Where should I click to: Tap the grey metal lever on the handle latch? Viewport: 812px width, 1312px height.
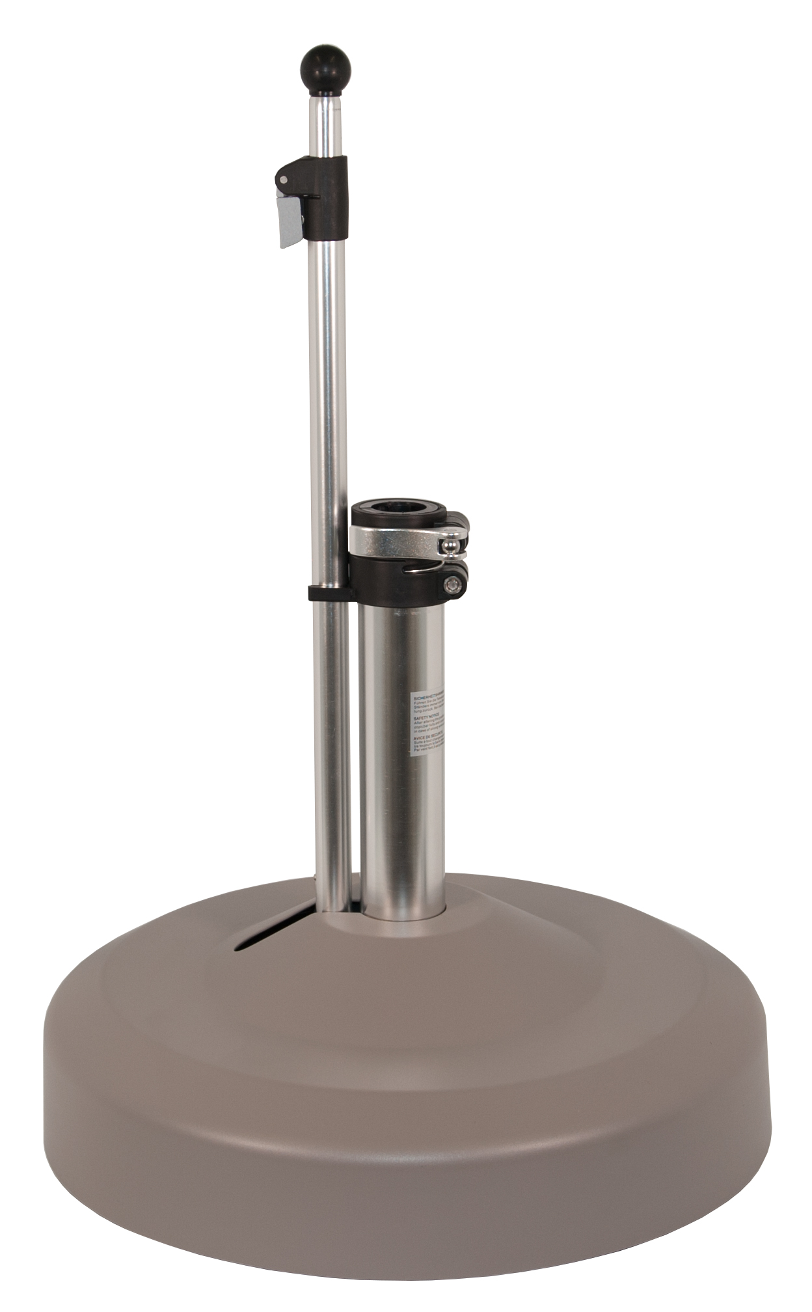tap(290, 222)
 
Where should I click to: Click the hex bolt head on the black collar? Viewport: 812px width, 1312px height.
tap(450, 586)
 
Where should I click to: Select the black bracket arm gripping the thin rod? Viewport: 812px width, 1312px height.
tap(329, 593)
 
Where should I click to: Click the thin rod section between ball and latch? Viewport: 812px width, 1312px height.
tap(324, 124)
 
